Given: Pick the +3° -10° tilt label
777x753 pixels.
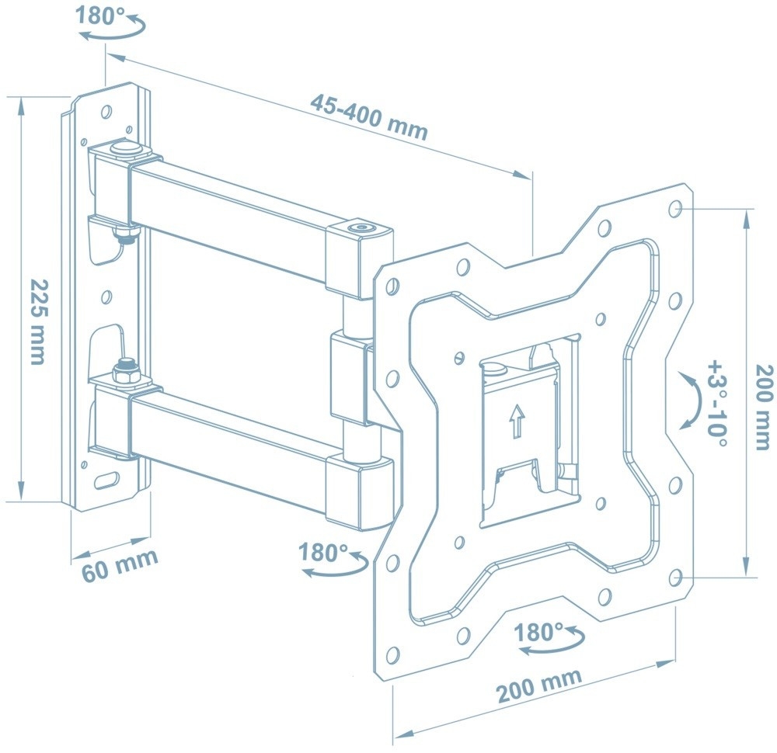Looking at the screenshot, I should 717,403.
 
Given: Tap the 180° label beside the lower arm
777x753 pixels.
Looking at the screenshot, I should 323,553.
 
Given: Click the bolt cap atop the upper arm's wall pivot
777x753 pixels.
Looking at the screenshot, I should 124,147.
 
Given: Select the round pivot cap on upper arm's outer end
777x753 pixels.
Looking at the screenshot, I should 359,228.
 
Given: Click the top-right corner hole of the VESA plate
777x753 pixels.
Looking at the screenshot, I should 674,209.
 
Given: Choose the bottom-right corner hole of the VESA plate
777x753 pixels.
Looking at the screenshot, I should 675,577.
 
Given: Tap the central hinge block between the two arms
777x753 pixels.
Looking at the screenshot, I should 348,379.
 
